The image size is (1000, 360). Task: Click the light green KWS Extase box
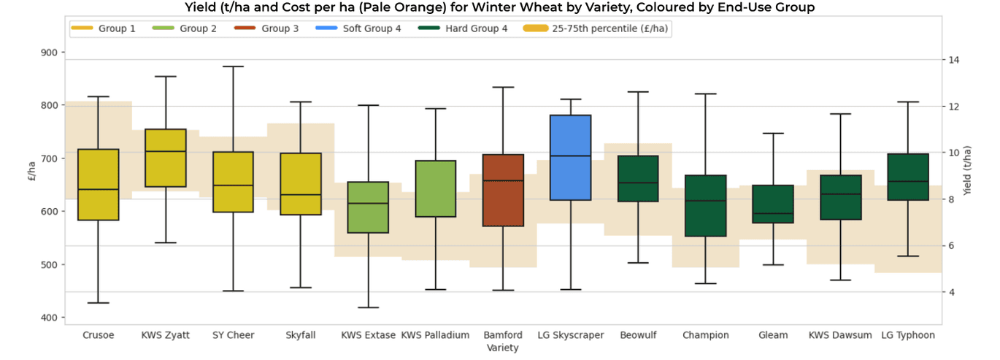[368, 207]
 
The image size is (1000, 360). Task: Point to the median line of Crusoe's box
[98, 189]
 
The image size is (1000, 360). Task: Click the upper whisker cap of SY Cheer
[233, 66]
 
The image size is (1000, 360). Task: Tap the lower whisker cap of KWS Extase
[368, 307]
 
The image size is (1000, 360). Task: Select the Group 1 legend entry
[104, 29]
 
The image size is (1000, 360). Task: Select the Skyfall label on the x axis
[301, 335]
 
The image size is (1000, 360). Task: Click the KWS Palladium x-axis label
[435, 335]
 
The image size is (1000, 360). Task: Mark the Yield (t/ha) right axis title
[967, 171]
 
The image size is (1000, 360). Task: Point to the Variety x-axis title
[502, 348]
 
